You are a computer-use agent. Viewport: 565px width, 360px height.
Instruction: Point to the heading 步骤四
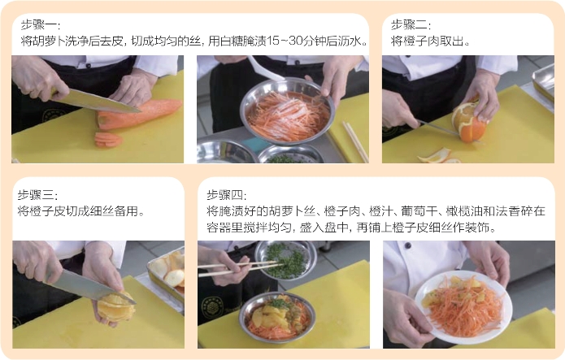(226, 195)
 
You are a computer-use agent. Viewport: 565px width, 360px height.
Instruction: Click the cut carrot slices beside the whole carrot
(108, 140)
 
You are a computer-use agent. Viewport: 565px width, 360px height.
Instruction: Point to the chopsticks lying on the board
(355, 141)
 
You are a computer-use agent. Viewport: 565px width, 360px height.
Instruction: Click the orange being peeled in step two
(468, 122)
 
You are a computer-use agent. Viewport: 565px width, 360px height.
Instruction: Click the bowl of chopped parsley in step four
(285, 260)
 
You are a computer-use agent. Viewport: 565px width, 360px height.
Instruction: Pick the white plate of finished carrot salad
(463, 306)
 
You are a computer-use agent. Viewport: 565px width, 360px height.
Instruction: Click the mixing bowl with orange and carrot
(277, 317)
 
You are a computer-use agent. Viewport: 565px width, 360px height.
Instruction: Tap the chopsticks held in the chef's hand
(240, 268)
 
